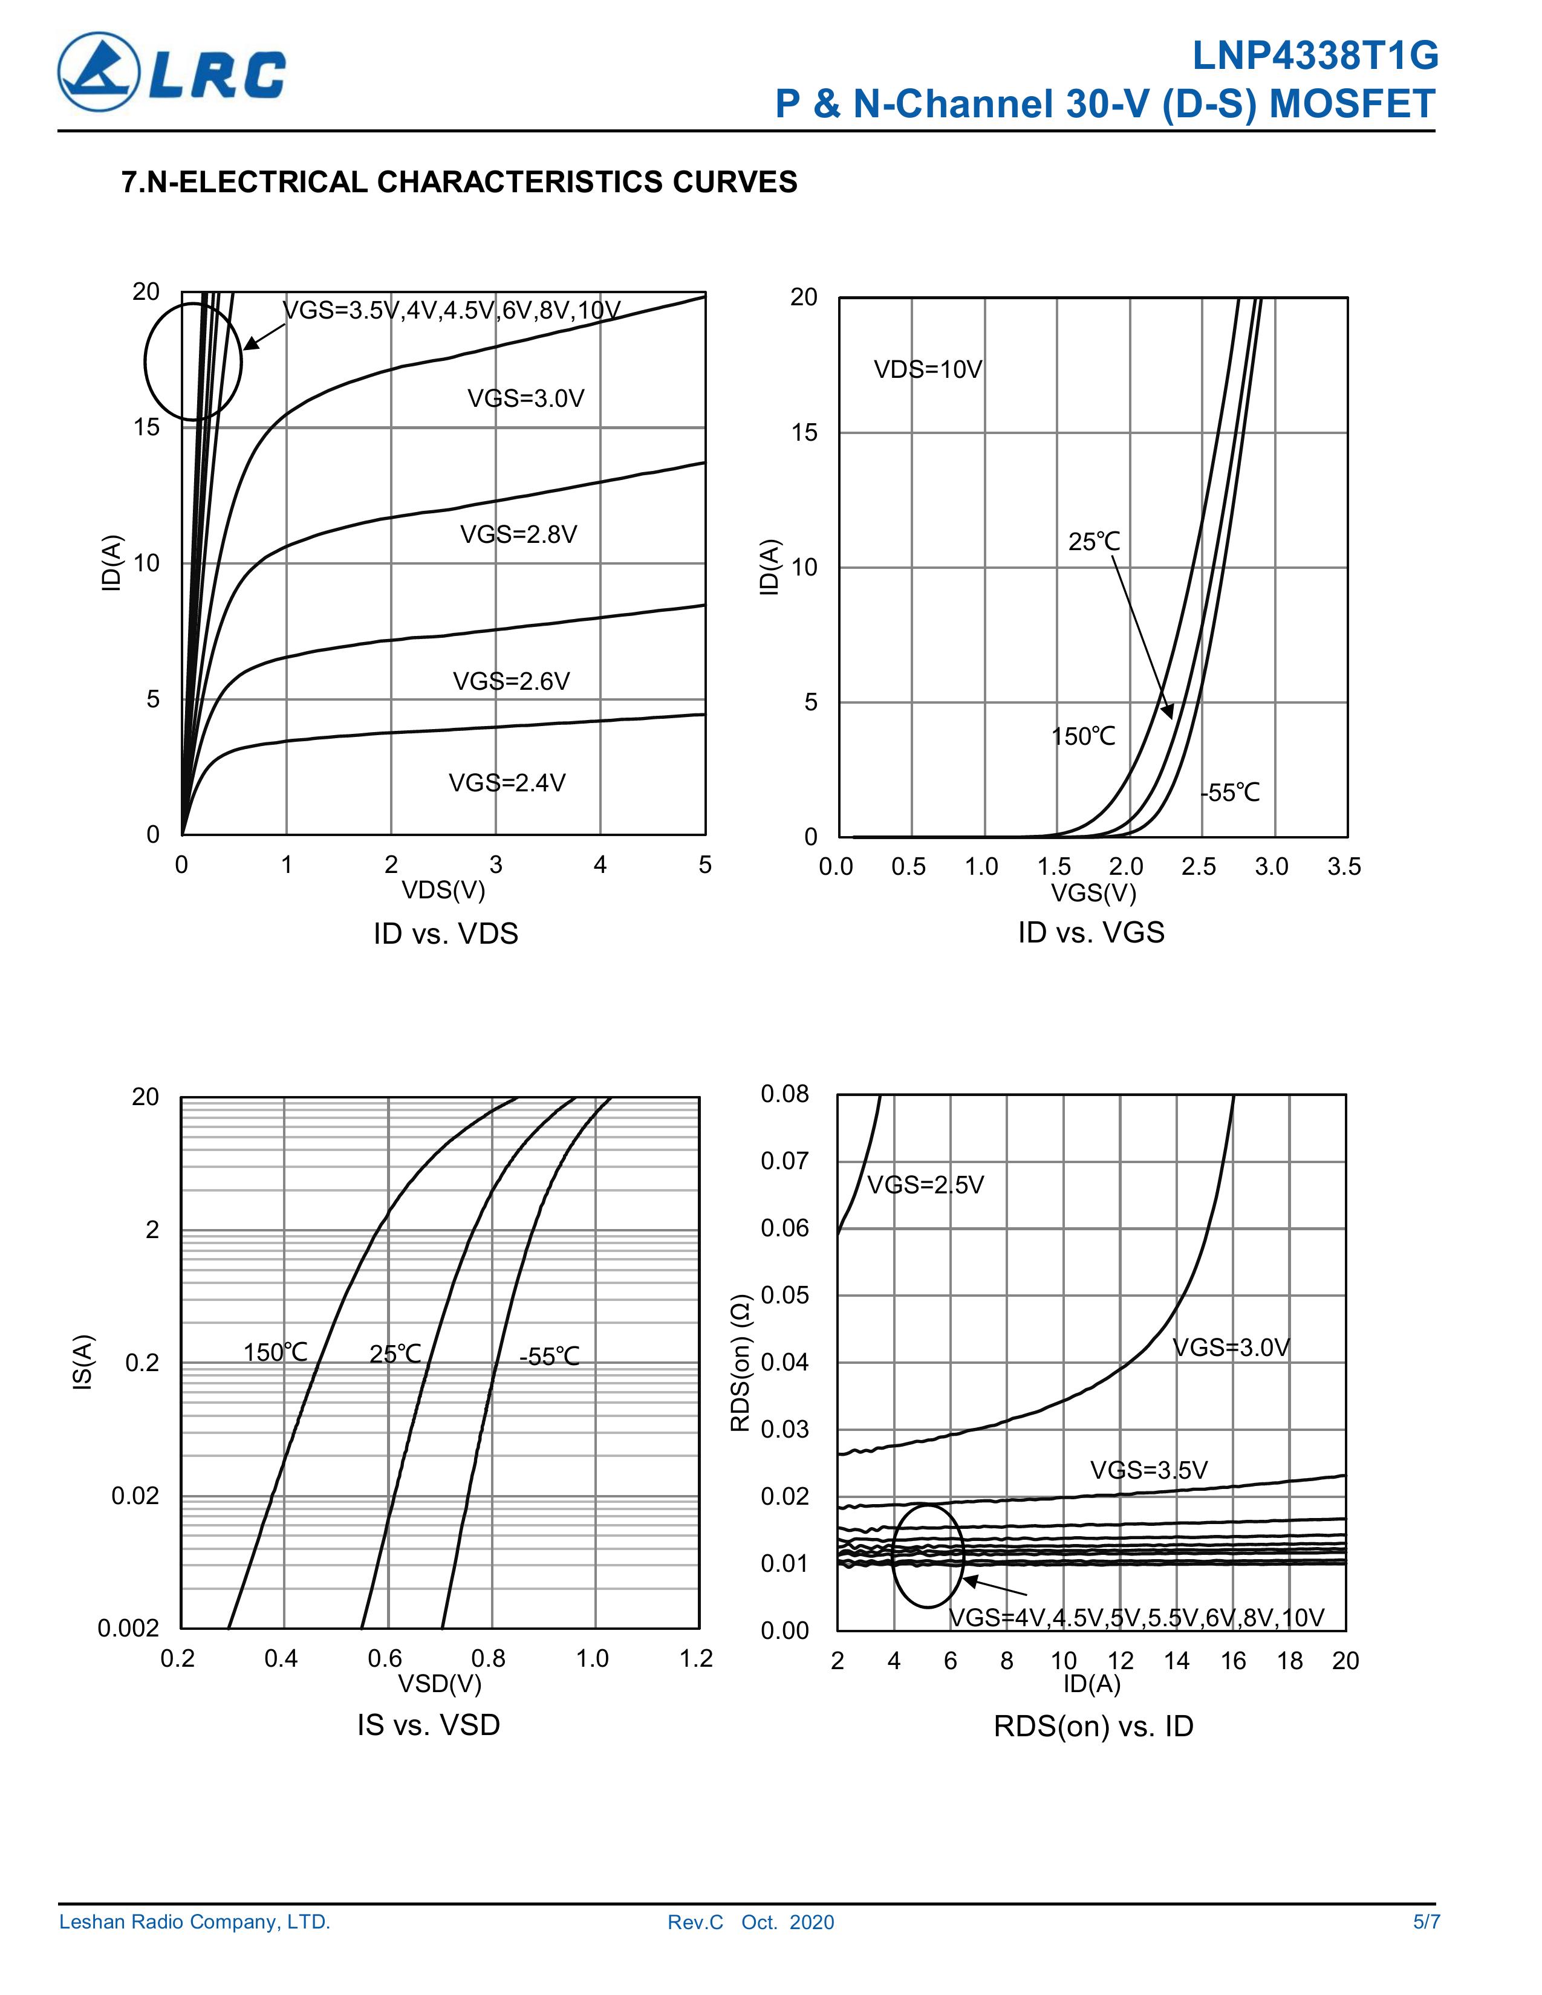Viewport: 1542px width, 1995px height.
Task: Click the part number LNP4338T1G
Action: click(x=1315, y=57)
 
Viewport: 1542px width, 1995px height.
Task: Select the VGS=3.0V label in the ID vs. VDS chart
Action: click(x=525, y=398)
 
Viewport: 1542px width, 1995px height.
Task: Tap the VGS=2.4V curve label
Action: click(x=507, y=783)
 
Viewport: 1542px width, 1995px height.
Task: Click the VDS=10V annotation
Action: click(x=927, y=370)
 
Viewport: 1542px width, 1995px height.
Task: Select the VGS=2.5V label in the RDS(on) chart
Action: click(x=925, y=1186)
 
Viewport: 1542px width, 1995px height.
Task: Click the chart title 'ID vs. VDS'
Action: click(x=446, y=933)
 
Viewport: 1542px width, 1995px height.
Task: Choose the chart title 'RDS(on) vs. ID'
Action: click(x=1093, y=1727)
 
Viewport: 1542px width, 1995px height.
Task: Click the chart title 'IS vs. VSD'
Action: click(x=429, y=1725)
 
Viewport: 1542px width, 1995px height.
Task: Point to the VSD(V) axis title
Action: click(x=440, y=1682)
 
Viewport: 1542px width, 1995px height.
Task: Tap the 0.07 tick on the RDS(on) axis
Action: click(x=785, y=1161)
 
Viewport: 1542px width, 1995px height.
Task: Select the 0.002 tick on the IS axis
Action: click(x=128, y=1629)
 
